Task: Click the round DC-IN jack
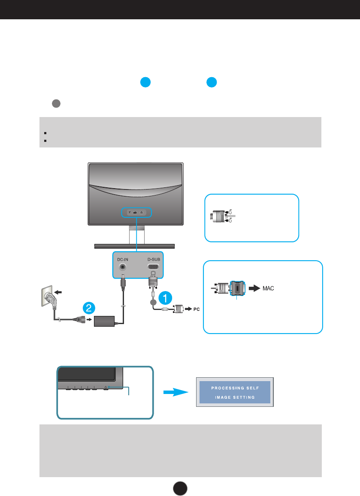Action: tap(123, 267)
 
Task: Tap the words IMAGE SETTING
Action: tap(235, 397)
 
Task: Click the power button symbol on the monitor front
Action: tap(106, 388)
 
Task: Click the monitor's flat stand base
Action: tap(135, 246)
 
